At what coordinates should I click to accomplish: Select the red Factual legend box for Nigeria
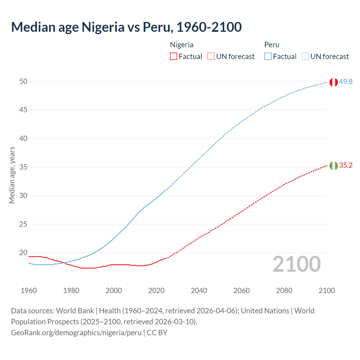(x=174, y=57)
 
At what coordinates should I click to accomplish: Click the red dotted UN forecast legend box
(x=211, y=57)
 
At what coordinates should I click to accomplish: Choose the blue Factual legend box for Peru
(x=268, y=57)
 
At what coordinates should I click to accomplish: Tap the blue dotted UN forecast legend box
(x=305, y=57)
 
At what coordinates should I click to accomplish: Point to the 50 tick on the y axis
(x=23, y=81)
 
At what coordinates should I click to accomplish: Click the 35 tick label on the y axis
(x=23, y=167)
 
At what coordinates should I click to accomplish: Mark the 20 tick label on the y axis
(x=23, y=253)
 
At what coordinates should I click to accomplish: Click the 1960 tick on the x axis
(x=29, y=291)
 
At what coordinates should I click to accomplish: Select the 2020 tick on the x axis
(x=156, y=291)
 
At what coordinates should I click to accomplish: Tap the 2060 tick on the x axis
(x=242, y=291)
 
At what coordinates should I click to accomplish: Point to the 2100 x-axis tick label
(x=327, y=291)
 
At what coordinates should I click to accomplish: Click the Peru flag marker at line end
(x=334, y=82)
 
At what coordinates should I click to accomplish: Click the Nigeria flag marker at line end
(x=334, y=166)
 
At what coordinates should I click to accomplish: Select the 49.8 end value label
(x=346, y=82)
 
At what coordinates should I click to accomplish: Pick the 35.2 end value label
(x=346, y=165)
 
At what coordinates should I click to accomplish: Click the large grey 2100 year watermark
(x=297, y=264)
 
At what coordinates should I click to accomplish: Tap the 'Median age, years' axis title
(x=12, y=175)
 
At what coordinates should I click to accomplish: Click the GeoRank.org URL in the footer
(x=76, y=332)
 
